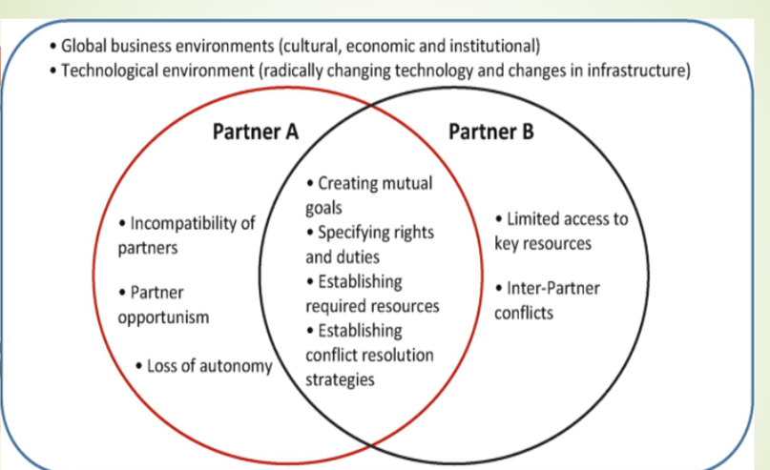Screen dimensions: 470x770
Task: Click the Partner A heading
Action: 255,132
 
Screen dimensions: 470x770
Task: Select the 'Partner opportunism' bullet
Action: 162,304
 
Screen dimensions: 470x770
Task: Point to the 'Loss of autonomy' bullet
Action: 204,366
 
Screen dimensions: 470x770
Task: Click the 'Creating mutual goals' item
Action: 367,193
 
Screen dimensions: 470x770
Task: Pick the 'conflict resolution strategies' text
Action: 368,367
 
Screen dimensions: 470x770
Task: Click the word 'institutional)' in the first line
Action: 495,45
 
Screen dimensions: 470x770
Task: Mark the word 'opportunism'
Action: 162,317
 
